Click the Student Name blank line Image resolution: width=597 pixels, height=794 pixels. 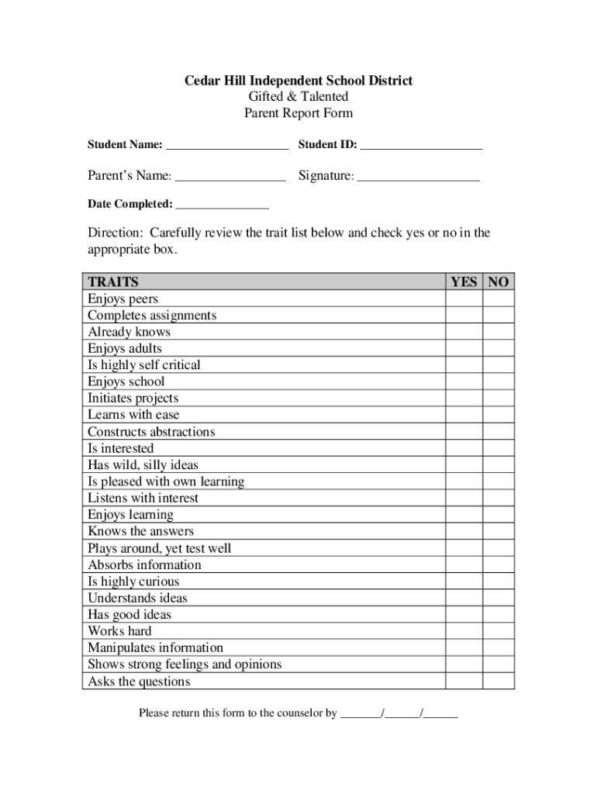coord(226,146)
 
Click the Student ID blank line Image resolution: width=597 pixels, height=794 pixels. coord(421,146)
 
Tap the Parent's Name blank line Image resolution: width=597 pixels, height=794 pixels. coord(230,178)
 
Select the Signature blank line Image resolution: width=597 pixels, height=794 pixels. coord(418,178)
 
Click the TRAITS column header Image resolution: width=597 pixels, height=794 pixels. coord(113,281)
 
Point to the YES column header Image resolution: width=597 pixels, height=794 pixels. coord(464,281)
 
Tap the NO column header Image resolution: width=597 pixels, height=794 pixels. coord(499,281)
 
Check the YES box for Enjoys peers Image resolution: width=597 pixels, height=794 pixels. coord(464,299)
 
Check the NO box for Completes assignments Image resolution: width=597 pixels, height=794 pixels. coord(499,316)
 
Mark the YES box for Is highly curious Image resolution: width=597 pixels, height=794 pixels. coord(464,582)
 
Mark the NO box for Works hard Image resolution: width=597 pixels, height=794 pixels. coord(499,631)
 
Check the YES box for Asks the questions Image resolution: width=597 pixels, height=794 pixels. coord(464,682)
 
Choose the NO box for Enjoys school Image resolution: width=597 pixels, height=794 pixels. coord(499,381)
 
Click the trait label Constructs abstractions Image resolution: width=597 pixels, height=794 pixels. coord(151,432)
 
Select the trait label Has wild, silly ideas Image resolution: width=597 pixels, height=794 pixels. coord(143,465)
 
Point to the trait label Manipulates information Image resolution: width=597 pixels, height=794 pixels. coord(155,647)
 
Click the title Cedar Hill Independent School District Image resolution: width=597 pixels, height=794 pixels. coord(298,81)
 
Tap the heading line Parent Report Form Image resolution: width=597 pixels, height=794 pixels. coord(298,113)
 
